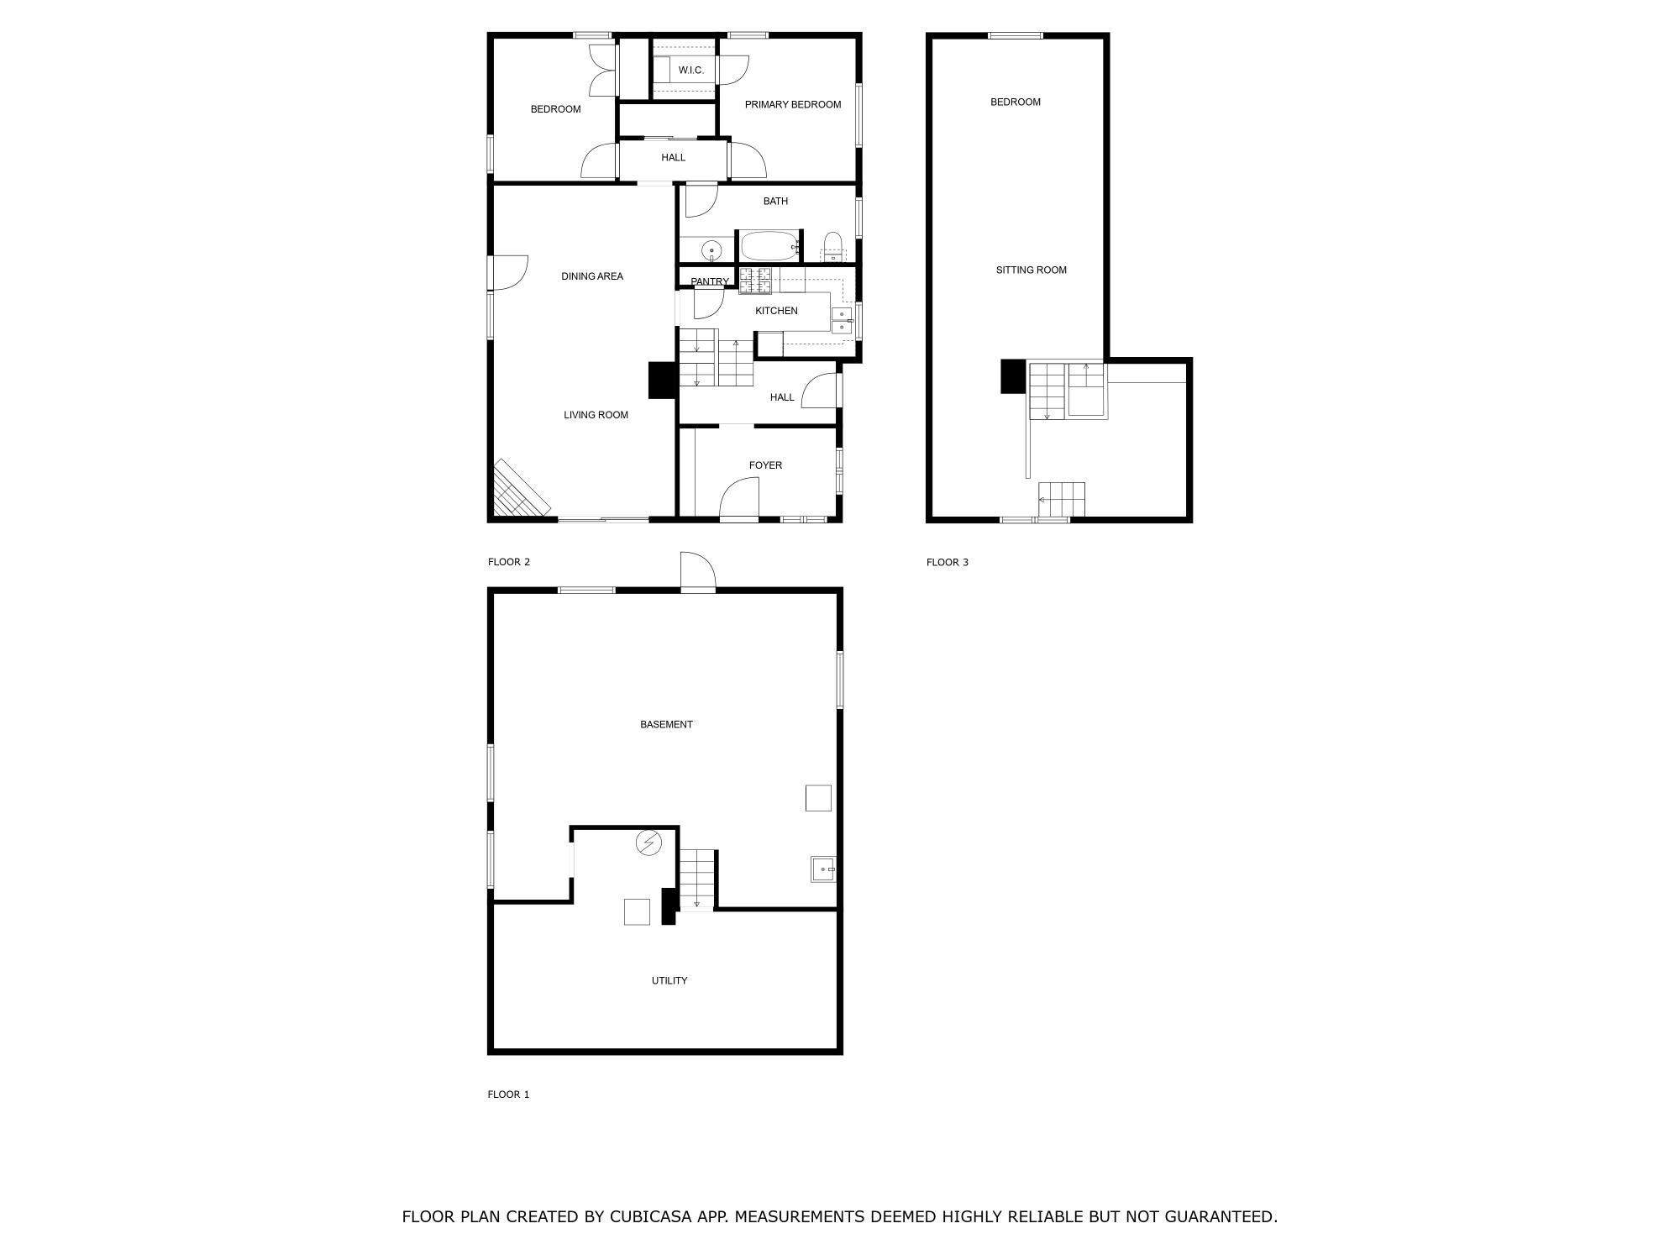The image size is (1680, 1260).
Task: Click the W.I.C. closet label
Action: click(x=690, y=71)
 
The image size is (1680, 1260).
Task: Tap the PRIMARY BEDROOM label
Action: click(x=792, y=105)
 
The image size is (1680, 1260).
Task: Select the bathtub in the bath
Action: click(x=769, y=247)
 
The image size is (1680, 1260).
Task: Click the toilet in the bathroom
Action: click(x=832, y=246)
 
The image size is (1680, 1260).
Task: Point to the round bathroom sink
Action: click(x=711, y=249)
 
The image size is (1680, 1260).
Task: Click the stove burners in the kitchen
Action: click(x=755, y=281)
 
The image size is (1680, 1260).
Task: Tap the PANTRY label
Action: click(x=709, y=282)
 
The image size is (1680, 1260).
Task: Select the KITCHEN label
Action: click(x=776, y=311)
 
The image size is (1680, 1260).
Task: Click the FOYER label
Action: click(x=765, y=465)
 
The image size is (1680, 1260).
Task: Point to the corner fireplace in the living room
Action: click(x=519, y=489)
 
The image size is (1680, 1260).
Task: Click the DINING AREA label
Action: click(x=592, y=276)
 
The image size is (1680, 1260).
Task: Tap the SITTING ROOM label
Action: click(x=1031, y=270)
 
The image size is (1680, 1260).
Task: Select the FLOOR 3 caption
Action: click(x=948, y=563)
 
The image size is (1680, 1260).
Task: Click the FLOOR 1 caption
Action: click(x=508, y=1095)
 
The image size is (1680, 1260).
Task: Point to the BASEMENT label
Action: click(x=666, y=725)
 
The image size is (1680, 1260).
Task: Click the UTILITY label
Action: click(x=669, y=981)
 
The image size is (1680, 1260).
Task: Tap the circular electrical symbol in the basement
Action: click(x=648, y=843)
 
